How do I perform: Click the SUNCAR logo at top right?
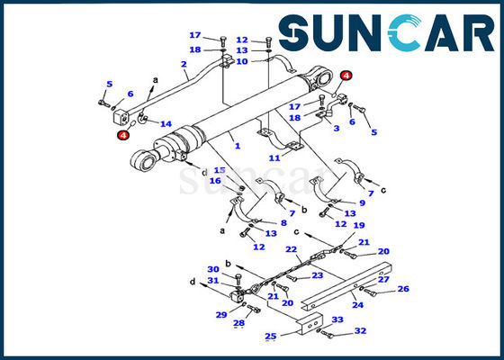click(386, 32)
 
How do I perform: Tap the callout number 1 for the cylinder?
click(238, 146)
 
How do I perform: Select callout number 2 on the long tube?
click(184, 64)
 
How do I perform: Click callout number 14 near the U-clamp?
click(166, 124)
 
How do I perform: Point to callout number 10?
click(242, 61)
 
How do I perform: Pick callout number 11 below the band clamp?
click(274, 157)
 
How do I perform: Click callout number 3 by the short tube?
click(337, 128)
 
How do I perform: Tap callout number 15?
click(220, 170)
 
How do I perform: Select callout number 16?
click(215, 181)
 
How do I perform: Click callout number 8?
click(283, 223)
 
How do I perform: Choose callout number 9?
click(362, 202)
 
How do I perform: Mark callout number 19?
click(359, 225)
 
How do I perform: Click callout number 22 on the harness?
click(292, 249)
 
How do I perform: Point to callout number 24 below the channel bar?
click(358, 305)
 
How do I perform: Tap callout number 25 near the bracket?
click(270, 337)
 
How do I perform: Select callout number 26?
click(403, 289)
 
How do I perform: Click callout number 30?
click(213, 269)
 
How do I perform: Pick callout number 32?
click(360, 331)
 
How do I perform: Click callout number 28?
click(238, 323)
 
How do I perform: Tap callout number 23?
click(317, 275)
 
